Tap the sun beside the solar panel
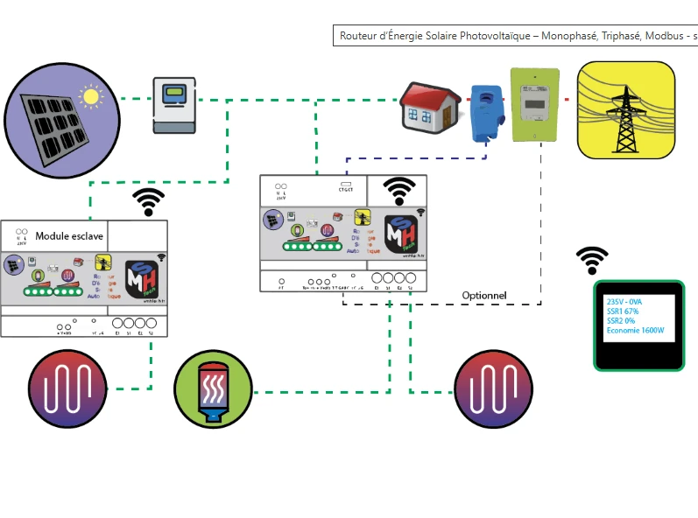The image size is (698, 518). (89, 95)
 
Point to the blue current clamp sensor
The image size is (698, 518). (484, 114)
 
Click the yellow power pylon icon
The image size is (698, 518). (625, 110)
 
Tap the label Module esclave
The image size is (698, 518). (69, 236)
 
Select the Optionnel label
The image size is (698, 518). (484, 296)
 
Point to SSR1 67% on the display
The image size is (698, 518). (623, 311)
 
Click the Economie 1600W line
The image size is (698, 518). (635, 331)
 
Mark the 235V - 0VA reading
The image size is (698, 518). (624, 301)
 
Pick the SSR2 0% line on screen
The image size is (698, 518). (621, 320)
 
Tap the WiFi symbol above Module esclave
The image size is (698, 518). (149, 202)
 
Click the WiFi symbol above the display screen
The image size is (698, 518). (592, 260)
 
